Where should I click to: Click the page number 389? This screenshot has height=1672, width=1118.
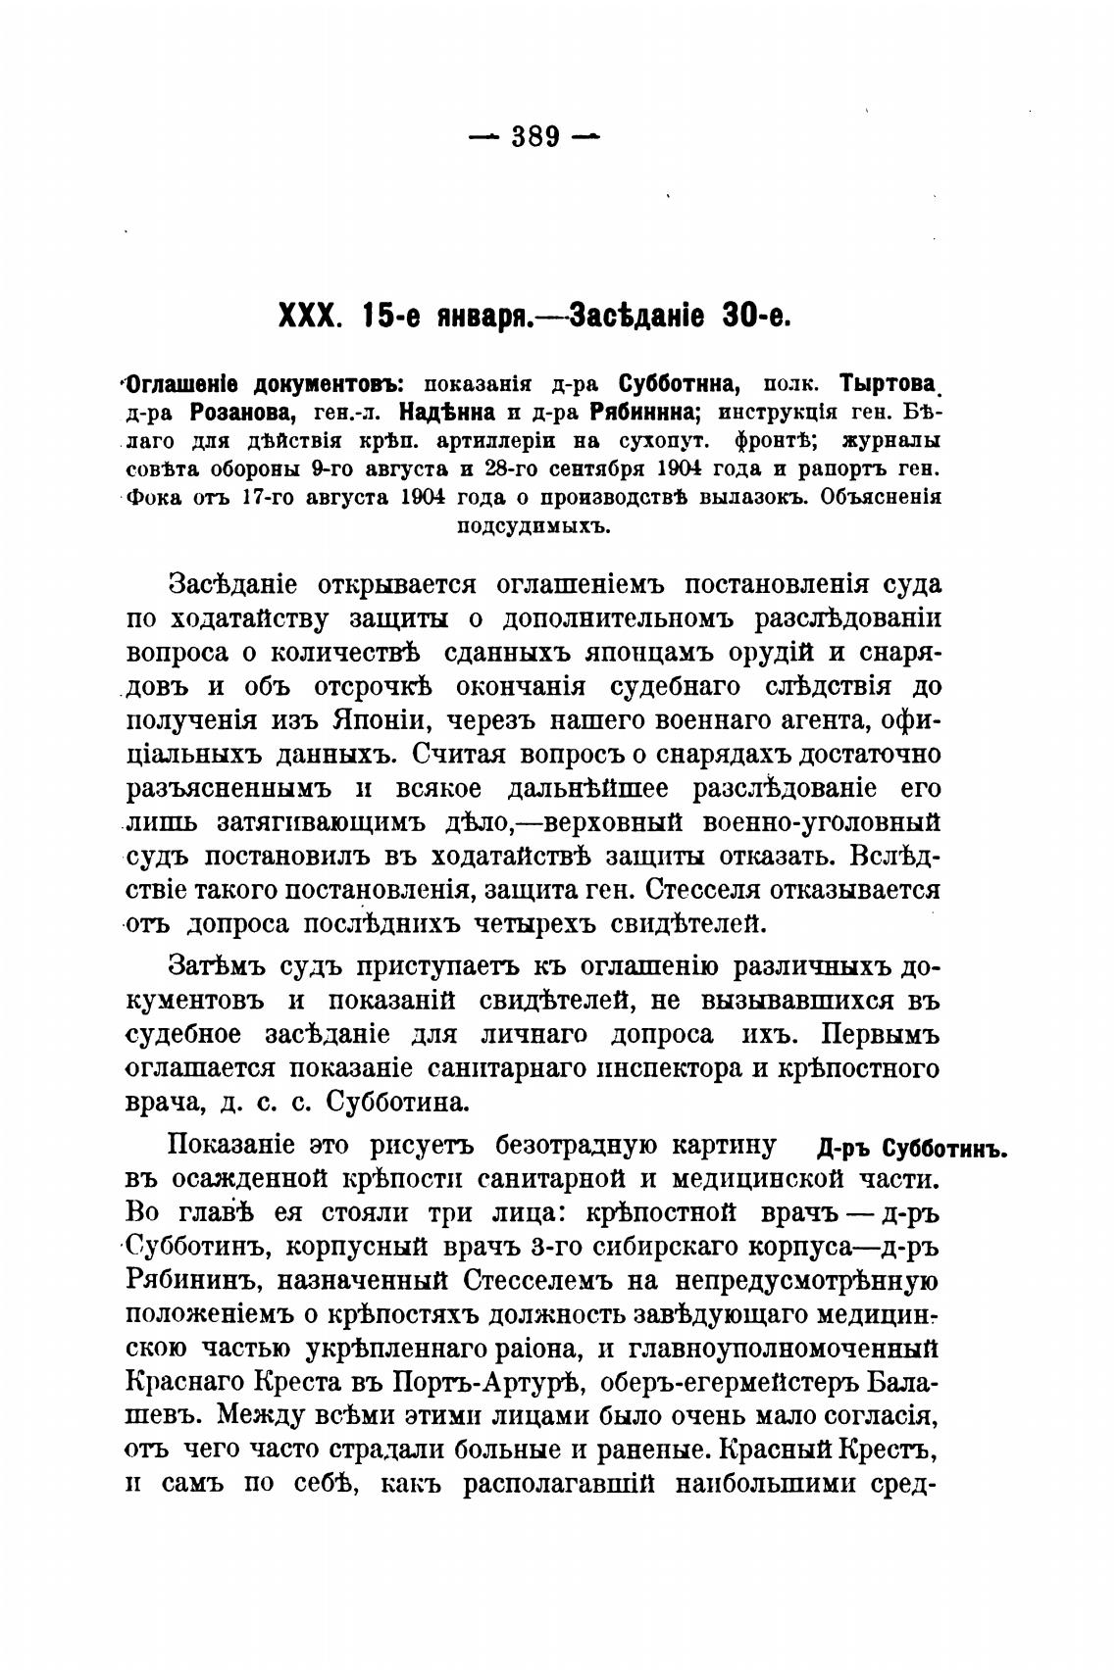[534, 136]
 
